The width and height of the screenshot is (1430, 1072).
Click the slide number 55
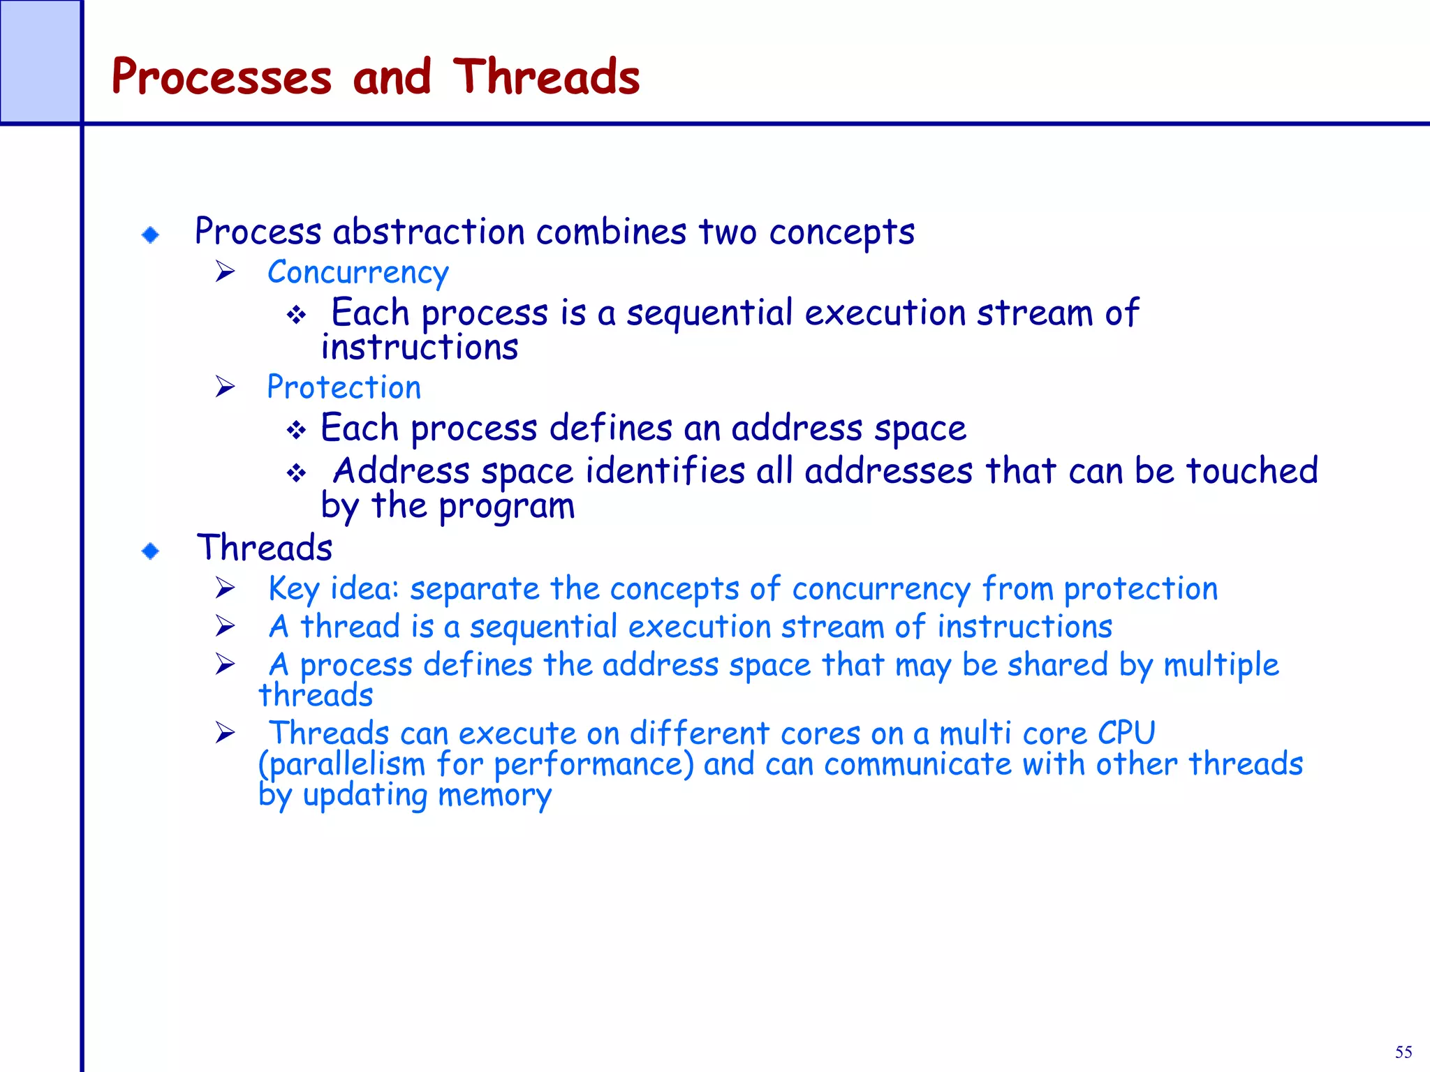coord(1403,1052)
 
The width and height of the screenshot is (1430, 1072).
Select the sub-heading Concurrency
coord(357,273)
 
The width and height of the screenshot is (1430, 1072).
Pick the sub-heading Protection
coord(344,387)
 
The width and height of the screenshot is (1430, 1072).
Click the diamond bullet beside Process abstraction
coord(150,234)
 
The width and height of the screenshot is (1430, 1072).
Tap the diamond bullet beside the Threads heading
coord(150,551)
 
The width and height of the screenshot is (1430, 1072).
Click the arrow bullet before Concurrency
coord(225,271)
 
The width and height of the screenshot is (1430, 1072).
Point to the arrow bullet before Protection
coord(225,386)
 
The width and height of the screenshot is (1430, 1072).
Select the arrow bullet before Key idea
coord(225,588)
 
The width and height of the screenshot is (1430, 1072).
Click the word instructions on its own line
coord(420,348)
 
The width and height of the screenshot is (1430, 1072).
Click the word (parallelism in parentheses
coord(341,764)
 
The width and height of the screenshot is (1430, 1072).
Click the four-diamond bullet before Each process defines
coord(296,430)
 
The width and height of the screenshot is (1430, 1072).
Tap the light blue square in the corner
coord(40,61)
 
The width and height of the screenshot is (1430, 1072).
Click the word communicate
coord(917,764)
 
